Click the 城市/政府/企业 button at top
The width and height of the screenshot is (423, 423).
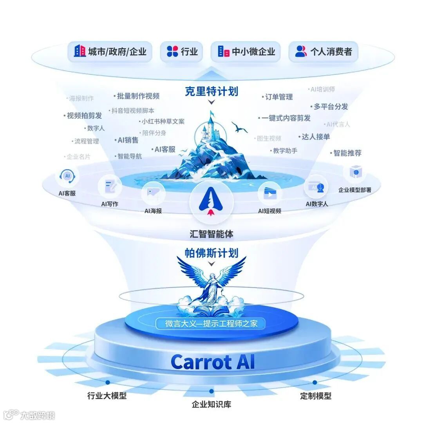(110, 51)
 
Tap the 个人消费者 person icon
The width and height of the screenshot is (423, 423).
(301, 51)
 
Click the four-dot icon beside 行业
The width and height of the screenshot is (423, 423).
(172, 51)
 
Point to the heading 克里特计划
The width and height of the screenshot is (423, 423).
(211, 91)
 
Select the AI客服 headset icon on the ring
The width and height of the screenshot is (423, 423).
(67, 177)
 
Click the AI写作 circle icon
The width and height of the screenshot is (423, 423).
(110, 187)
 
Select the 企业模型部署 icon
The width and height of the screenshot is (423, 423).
(355, 172)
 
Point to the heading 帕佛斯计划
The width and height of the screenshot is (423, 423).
(211, 253)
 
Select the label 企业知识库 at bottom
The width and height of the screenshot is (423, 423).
(211, 404)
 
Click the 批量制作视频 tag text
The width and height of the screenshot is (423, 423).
(138, 96)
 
